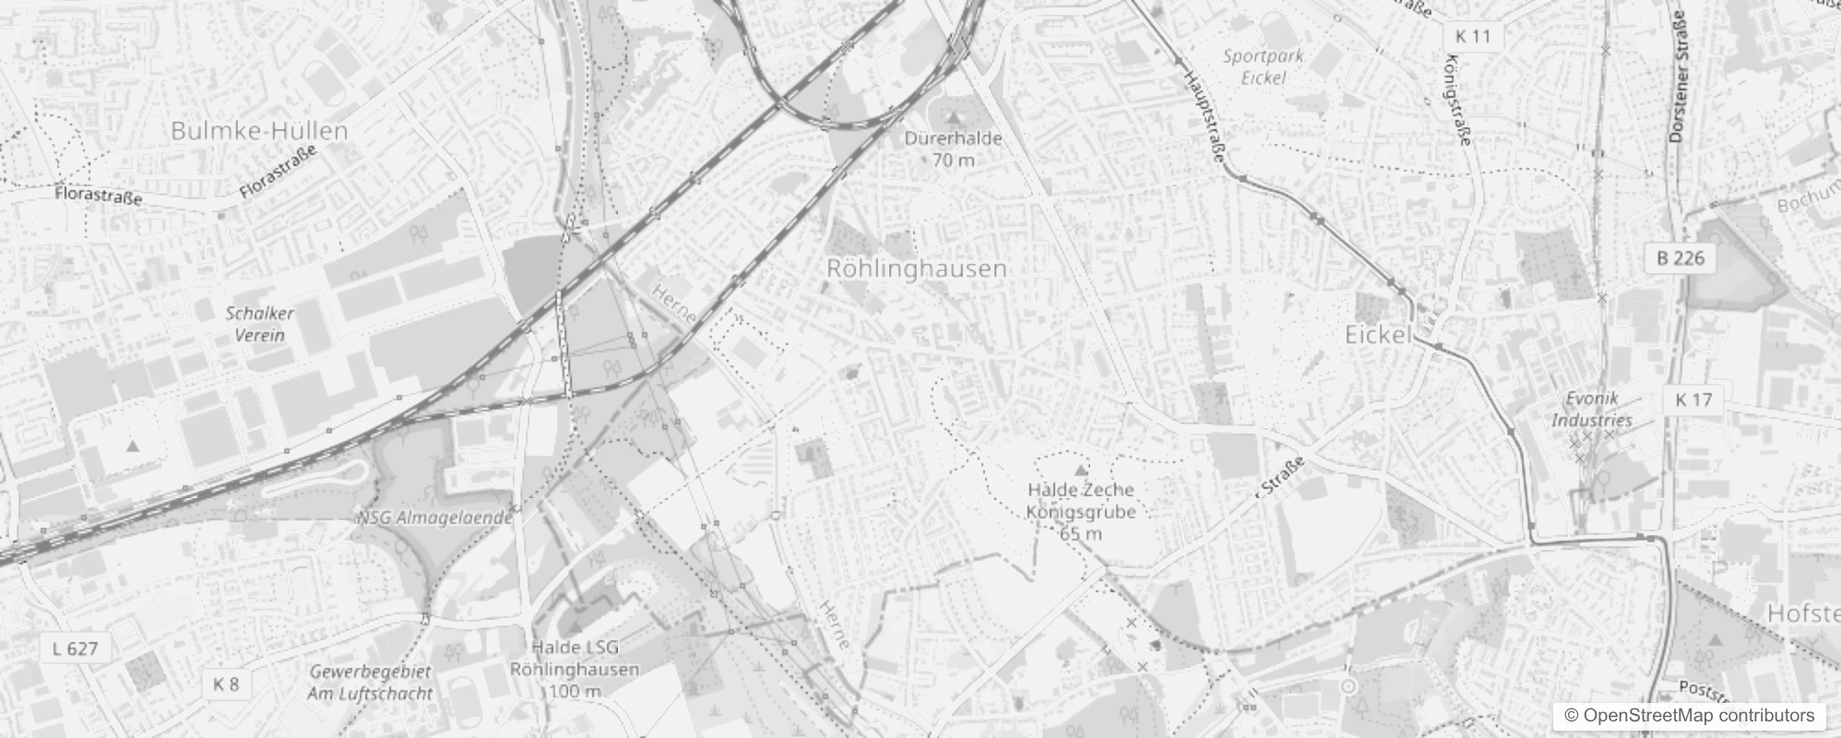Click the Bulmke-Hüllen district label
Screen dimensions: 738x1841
259,131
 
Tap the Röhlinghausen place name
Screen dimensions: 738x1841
916,268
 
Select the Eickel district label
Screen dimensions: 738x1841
1378,335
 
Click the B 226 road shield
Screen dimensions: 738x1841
1680,257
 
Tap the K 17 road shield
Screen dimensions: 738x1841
1693,399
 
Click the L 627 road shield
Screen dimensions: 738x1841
75,649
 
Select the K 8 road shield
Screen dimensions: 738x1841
225,684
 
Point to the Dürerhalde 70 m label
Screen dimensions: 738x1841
953,149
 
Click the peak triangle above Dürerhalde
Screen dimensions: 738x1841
954,118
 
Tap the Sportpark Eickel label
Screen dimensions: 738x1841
1263,66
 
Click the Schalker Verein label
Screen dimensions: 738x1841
259,324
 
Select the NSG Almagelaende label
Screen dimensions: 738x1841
434,518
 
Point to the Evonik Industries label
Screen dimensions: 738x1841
1591,410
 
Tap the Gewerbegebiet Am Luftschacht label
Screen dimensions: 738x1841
370,683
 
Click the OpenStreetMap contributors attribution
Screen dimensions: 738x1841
1688,716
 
